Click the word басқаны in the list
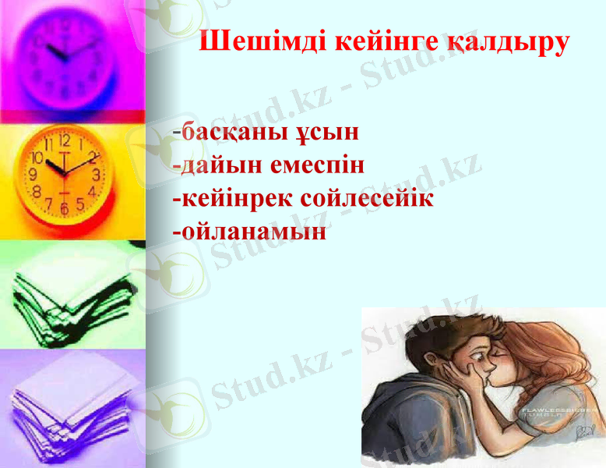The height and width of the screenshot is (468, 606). pyautogui.click(x=233, y=132)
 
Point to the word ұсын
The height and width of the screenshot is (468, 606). pyautogui.click(x=327, y=132)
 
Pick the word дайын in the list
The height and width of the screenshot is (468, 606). pyautogui.click(x=221, y=165)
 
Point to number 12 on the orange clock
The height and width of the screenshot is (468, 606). pyautogui.click(x=64, y=143)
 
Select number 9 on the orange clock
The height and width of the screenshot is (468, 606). pyautogui.click(x=33, y=174)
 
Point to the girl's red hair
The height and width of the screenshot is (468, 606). pyautogui.click(x=545, y=367)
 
